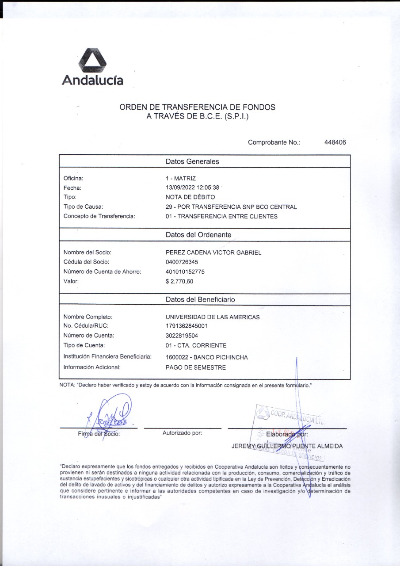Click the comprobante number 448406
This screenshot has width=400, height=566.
[335, 142]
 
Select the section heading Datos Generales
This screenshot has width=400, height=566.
[192, 161]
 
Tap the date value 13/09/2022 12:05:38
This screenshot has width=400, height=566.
[192, 187]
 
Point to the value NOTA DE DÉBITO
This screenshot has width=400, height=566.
[190, 197]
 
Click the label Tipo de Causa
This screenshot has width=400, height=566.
[84, 207]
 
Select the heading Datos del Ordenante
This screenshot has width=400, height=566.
[198, 234]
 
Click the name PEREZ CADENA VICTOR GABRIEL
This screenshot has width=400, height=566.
[213, 252]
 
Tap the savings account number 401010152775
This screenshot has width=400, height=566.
[185, 272]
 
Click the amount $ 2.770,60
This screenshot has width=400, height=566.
[179, 281]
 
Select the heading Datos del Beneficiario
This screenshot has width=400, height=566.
[200, 299]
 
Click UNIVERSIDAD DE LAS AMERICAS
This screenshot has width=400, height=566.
[213, 317]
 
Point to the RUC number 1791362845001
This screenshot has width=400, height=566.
[187, 326]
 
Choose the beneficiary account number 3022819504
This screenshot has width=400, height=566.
[182, 336]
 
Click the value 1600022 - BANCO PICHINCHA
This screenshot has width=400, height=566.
[206, 357]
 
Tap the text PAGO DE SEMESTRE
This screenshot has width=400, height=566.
[195, 367]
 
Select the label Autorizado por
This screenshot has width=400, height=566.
[182, 433]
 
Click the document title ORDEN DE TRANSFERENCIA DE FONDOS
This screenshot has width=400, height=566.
[198, 107]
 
